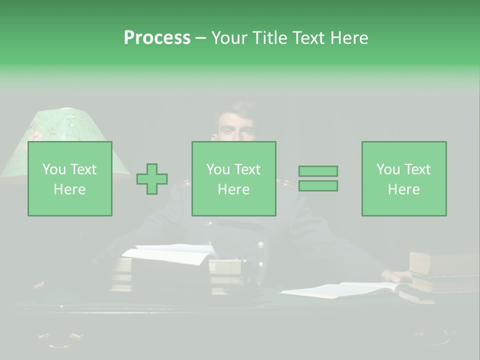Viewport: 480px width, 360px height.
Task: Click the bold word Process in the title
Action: click(157, 38)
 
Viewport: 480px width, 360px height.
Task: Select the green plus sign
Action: click(152, 179)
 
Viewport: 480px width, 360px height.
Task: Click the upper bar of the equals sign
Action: click(318, 171)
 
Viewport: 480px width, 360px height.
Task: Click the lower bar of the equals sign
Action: click(318, 186)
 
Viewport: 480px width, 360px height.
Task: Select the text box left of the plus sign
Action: click(70, 179)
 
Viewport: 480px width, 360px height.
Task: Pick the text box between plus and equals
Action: click(234, 179)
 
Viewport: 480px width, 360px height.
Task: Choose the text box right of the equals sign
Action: click(404, 179)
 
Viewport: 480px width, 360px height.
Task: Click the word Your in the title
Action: click(228, 38)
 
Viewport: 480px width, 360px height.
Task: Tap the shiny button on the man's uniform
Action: click(260, 245)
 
